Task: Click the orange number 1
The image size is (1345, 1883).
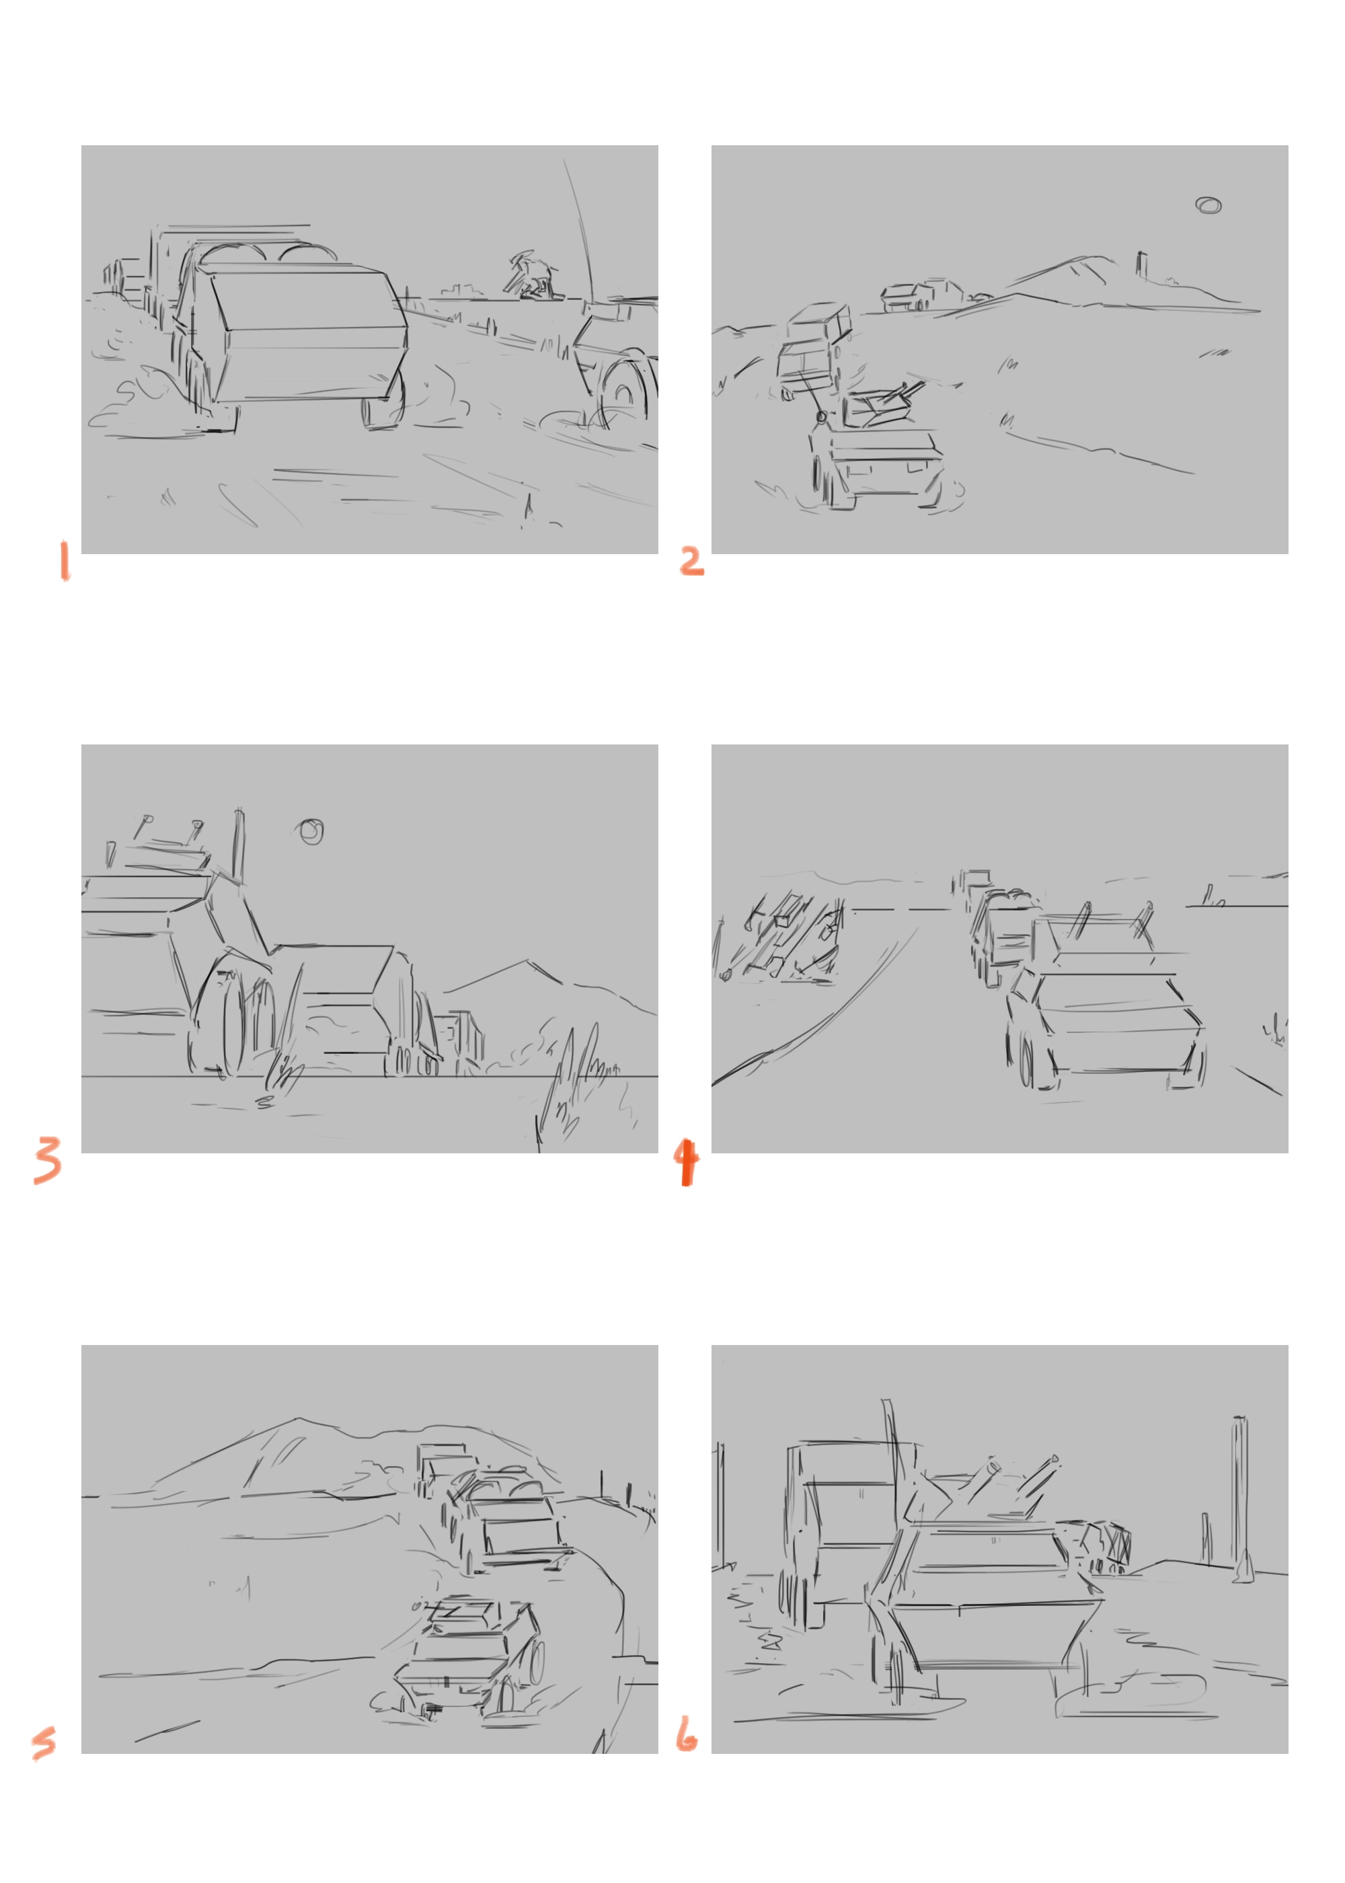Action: click(65, 562)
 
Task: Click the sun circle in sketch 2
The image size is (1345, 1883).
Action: click(1208, 205)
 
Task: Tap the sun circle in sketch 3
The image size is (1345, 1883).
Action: click(311, 831)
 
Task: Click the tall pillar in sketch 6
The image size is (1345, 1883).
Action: click(1240, 1499)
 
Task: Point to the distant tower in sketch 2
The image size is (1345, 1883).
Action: click(1141, 265)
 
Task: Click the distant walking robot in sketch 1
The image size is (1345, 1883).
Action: click(531, 276)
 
